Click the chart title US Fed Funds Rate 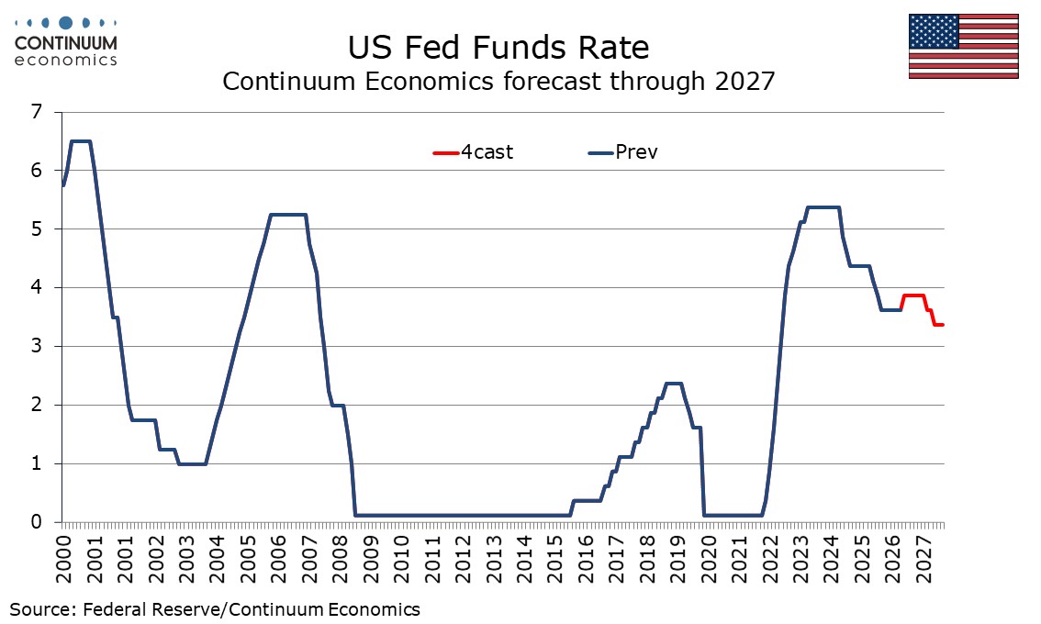point(498,48)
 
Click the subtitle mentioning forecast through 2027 point(498,81)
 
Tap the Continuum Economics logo point(65,42)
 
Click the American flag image point(963,46)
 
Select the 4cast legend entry point(473,152)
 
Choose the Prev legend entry point(622,152)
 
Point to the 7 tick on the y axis point(36,112)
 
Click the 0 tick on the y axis point(36,522)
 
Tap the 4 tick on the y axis point(36,287)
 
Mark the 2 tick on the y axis point(36,405)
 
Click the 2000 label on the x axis point(63,560)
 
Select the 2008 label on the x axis point(340,560)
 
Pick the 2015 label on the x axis point(555,560)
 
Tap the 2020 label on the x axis point(709,560)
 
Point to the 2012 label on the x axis point(463,560)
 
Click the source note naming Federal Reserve point(215,609)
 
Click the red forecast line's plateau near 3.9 point(913,295)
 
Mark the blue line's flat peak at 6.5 point(81,141)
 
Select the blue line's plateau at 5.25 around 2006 point(287,215)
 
